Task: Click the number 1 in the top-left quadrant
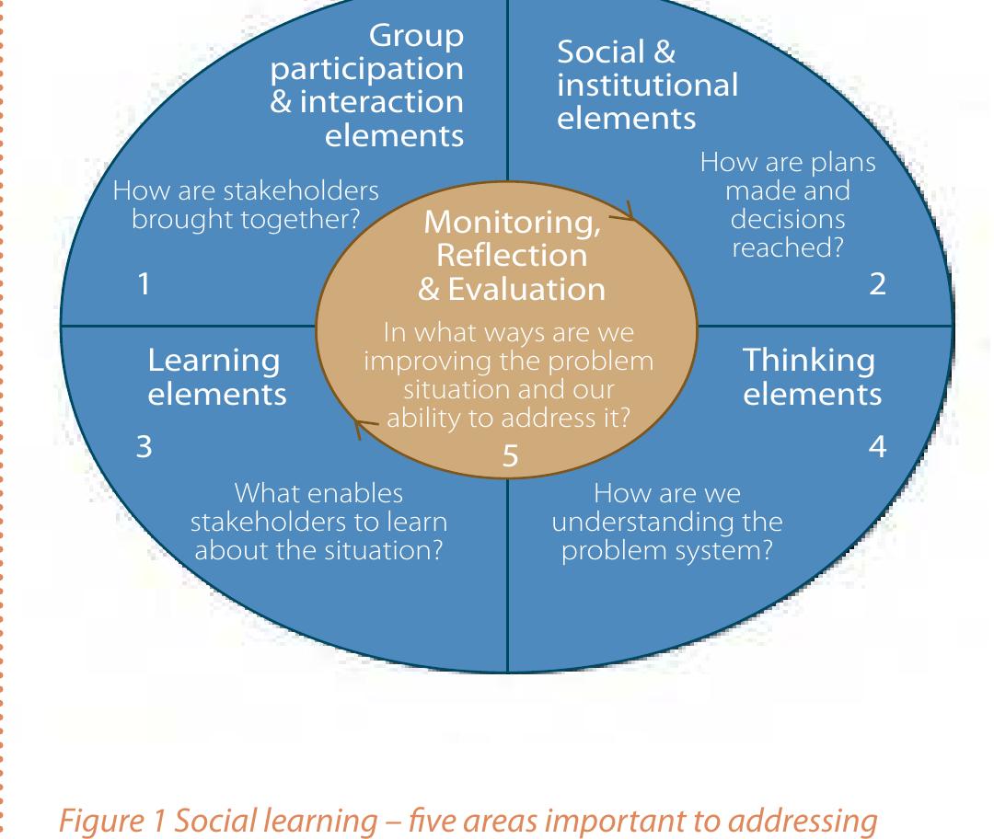pos(144,283)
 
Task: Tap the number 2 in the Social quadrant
pos(877,284)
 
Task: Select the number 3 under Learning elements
pos(144,447)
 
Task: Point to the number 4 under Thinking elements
pos(877,446)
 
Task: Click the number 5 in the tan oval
pos(510,456)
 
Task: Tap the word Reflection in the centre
pos(513,256)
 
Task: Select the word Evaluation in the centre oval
pos(526,290)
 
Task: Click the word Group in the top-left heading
pos(417,37)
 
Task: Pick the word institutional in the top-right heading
pos(647,85)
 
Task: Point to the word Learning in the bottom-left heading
pos(214,362)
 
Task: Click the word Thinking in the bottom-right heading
pos(809,362)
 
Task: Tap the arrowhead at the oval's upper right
pos(629,212)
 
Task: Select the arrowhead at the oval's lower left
pos(360,429)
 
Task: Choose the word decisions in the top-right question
pos(788,219)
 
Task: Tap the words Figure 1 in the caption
pos(113,822)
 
